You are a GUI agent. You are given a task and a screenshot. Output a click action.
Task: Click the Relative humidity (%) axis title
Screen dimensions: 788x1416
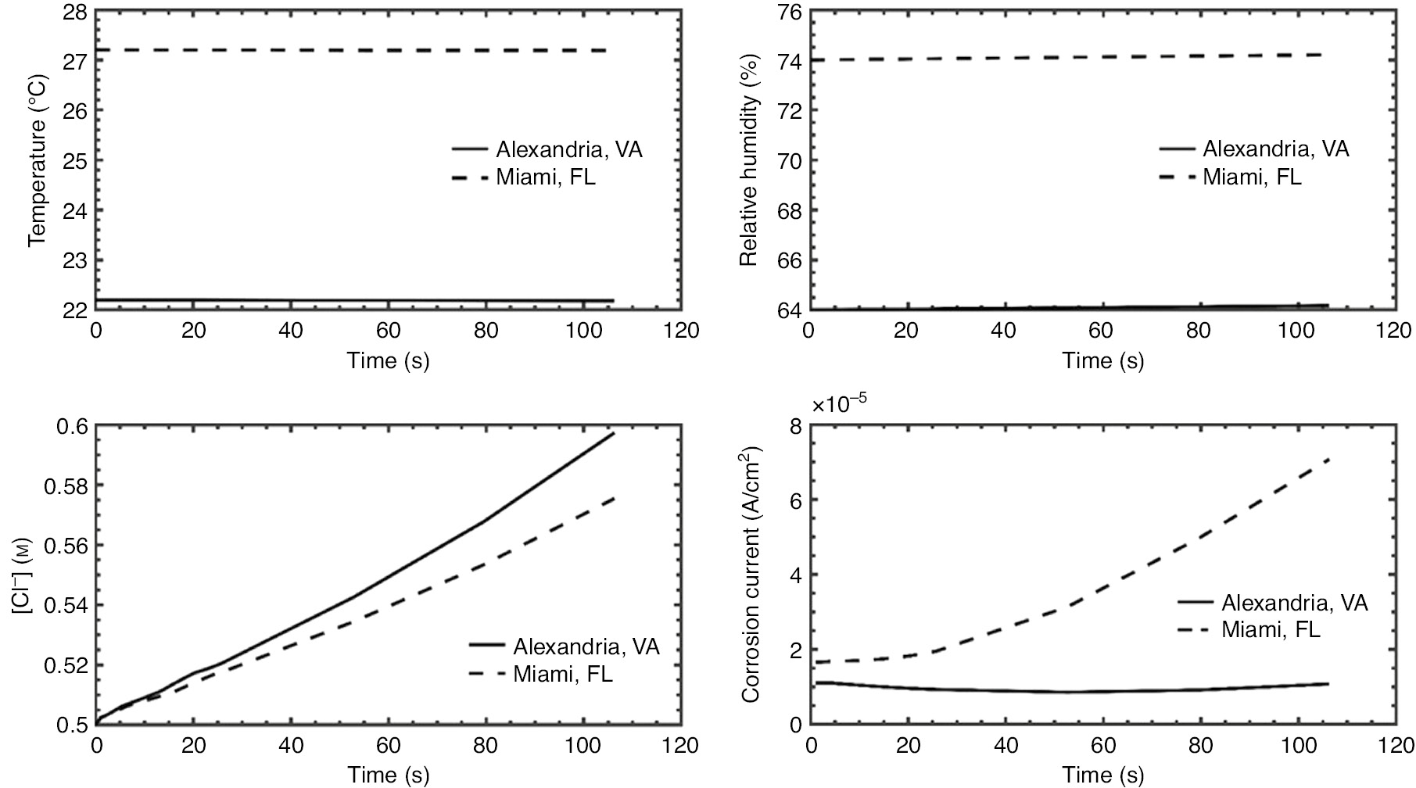click(x=748, y=160)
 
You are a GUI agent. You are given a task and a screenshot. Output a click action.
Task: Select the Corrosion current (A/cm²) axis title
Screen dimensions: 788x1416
click(x=752, y=575)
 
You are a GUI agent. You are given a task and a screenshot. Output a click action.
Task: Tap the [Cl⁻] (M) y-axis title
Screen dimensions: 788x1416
click(x=21, y=575)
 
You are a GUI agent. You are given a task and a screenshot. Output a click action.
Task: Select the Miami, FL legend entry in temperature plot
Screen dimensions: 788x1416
click(x=545, y=177)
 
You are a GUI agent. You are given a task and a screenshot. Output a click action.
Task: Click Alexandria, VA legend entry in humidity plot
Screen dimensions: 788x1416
click(x=1275, y=149)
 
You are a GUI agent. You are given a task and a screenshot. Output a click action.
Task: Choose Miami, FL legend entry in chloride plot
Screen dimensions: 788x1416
click(x=563, y=675)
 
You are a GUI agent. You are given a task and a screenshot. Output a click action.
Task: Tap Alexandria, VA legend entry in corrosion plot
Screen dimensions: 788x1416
click(x=1294, y=603)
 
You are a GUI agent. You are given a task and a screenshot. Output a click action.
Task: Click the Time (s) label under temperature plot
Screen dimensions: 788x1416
click(x=388, y=360)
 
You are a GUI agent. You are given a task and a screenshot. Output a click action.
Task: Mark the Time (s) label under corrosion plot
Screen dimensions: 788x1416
click(x=1102, y=775)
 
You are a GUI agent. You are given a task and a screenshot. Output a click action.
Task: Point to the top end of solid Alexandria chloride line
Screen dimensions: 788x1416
click(x=614, y=433)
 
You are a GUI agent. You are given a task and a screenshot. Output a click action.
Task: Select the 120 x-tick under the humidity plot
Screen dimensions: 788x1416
click(x=1393, y=331)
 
